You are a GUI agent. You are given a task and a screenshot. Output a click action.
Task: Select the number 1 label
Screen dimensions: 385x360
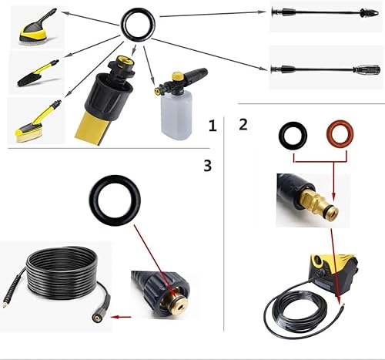tap(213, 126)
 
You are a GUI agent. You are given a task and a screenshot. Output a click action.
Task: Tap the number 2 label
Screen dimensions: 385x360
tap(243, 124)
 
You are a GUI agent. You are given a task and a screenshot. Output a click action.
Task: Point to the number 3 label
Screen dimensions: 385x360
tap(208, 166)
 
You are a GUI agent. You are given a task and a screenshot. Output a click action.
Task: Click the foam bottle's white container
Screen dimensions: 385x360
tap(176, 113)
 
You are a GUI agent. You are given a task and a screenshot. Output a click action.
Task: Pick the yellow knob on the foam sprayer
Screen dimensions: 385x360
tap(177, 76)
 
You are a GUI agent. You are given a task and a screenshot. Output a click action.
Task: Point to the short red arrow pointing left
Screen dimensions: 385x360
tap(122, 317)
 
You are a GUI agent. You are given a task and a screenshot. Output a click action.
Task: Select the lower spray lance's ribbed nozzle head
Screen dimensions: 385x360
tap(367, 69)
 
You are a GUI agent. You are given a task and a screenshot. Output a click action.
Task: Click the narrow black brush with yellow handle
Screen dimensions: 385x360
tap(38, 72)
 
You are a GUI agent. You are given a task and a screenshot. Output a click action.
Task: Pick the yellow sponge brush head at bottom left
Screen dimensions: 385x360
tap(28, 133)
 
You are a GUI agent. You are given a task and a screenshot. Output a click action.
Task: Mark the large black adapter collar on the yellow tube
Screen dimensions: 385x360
tap(108, 96)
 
